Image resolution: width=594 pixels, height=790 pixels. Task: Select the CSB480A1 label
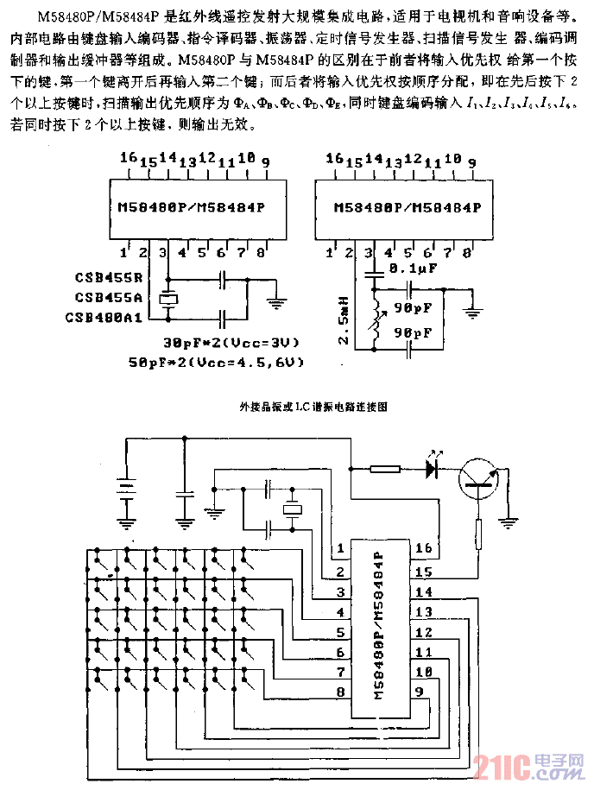click(x=104, y=318)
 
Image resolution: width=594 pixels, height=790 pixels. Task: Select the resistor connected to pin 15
click(x=478, y=537)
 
